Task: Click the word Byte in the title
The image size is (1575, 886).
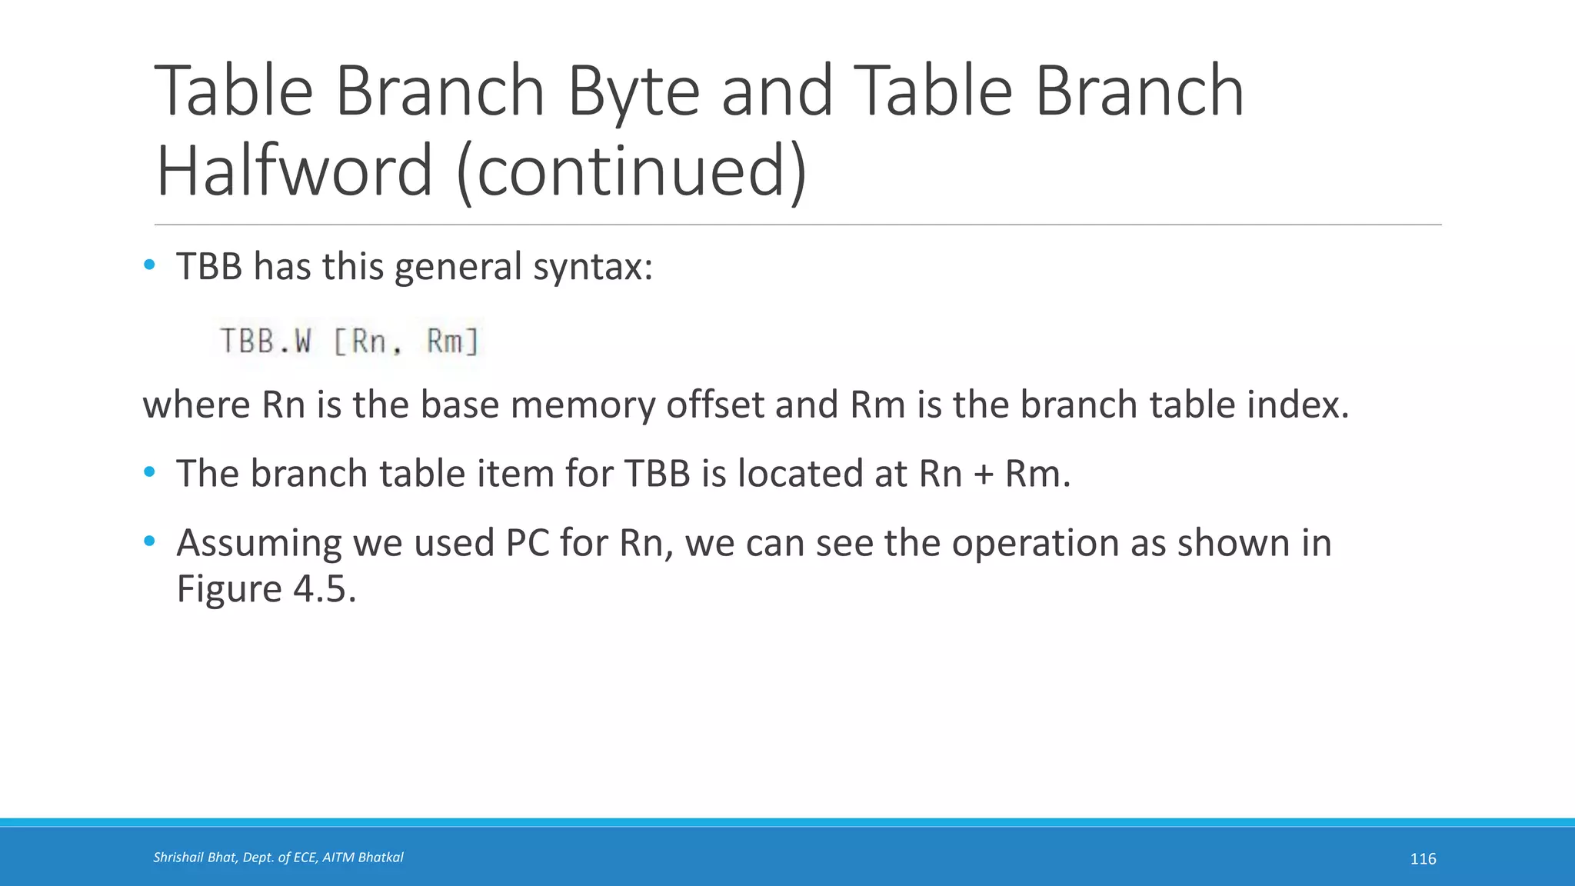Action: pyautogui.click(x=632, y=92)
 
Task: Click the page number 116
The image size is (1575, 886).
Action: pyautogui.click(x=1423, y=859)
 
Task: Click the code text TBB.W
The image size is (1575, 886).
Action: pyautogui.click(x=266, y=341)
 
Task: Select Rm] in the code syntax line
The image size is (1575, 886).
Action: pyautogui.click(x=453, y=341)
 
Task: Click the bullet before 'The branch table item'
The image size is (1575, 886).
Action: pyautogui.click(x=149, y=472)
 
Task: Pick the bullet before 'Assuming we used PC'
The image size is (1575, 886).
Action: pyautogui.click(x=149, y=541)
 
